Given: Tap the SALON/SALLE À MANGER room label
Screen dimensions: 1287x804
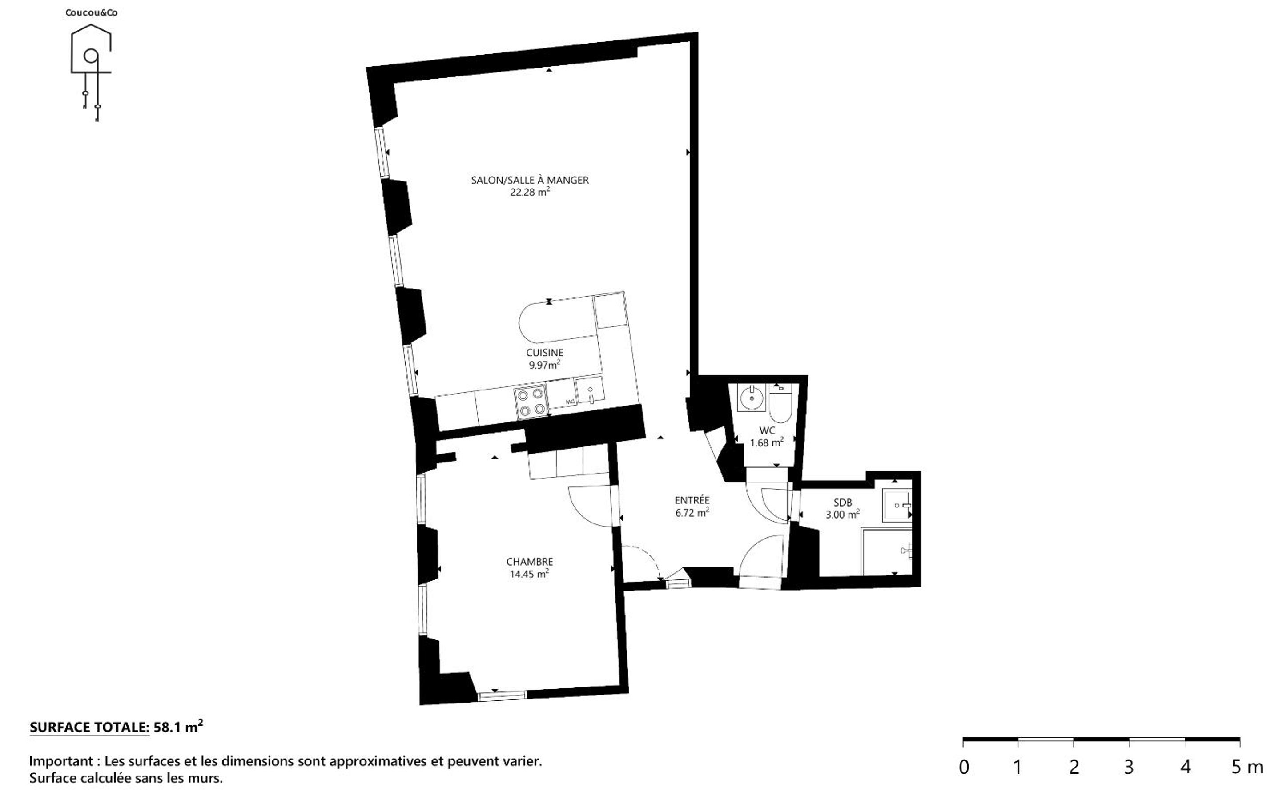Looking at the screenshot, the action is pos(530,180).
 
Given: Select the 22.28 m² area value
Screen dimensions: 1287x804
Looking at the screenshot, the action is pos(530,192).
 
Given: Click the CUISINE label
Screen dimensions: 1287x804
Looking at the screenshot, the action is pos(544,353).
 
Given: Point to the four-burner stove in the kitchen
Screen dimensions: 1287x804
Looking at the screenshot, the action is pos(531,402).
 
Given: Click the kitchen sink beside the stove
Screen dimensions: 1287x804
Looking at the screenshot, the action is pos(590,390).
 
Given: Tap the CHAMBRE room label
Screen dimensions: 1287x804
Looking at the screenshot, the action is pos(530,562).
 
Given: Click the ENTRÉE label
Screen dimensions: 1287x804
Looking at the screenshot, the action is pos(692,500).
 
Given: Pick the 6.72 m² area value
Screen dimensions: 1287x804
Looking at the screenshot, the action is pos(692,513).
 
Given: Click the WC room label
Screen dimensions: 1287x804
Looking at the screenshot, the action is pos(767,431).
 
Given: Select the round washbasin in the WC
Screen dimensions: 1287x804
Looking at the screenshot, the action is pos(751,397).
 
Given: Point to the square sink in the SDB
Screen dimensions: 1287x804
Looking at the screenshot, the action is pos(897,505).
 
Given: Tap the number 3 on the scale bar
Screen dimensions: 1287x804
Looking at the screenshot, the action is pos(1128,767).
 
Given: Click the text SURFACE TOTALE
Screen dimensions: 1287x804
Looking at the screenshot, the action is pos(89,728).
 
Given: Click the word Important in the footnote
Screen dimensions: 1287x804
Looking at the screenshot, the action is pos(61,761).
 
